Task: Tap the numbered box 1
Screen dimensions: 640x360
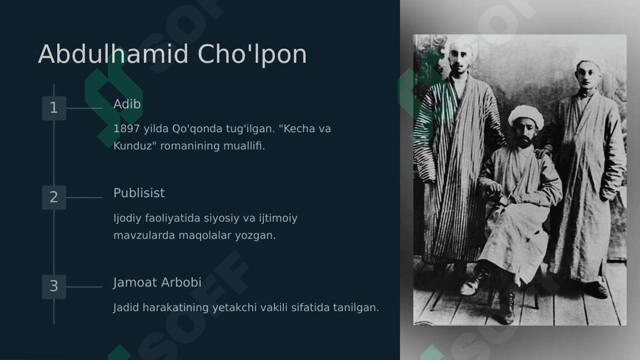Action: [x=54, y=108]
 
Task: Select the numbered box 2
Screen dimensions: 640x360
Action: [x=54, y=198]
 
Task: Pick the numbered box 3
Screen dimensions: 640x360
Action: [x=54, y=287]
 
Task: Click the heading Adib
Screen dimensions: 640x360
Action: [x=127, y=104]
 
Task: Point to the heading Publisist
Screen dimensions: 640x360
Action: [x=139, y=193]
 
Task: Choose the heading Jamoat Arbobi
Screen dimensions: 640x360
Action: [x=157, y=282]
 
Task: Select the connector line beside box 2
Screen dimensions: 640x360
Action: [x=84, y=198]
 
